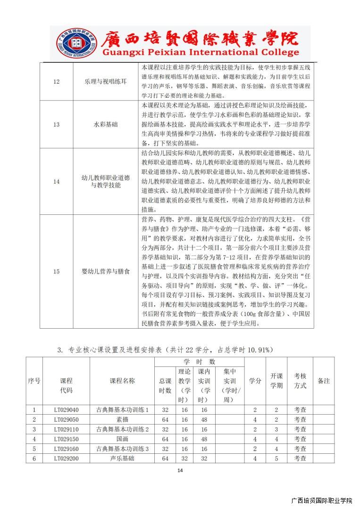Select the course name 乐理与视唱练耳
tap(103, 82)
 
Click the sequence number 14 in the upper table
tap(56, 182)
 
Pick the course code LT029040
tap(66, 409)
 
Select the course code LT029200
tap(66, 458)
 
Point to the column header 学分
tap(255, 381)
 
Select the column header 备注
tap(324, 381)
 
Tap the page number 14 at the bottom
tap(180, 470)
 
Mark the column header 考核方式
tap(300, 381)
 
